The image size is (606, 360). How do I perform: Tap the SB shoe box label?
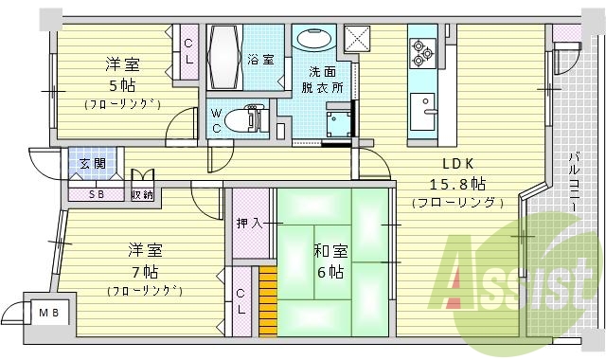tap(97, 194)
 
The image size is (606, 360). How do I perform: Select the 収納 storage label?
tap(142, 194)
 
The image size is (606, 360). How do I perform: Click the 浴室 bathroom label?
tap(261, 60)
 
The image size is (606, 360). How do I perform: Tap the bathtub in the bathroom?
tap(225, 58)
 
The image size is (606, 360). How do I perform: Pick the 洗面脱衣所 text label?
tap(325, 80)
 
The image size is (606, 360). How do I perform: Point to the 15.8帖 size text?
tap(458, 183)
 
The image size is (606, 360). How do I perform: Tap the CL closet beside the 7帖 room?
tap(241, 299)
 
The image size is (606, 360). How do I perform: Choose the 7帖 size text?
tap(145, 271)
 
